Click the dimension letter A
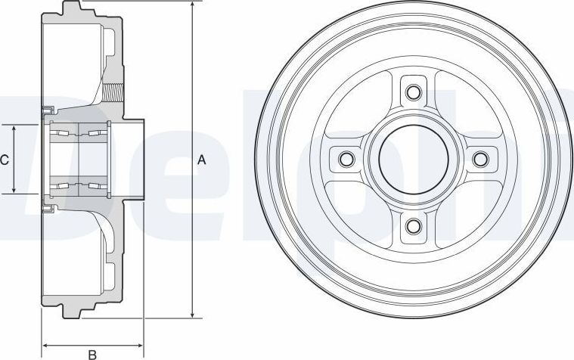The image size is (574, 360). pyautogui.click(x=201, y=160)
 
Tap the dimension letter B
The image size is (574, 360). pyautogui.click(x=92, y=353)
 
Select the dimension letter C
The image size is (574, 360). pyautogui.click(x=5, y=160)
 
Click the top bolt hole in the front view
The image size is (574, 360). pyautogui.click(x=413, y=93)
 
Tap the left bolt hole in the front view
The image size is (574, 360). pyautogui.click(x=346, y=160)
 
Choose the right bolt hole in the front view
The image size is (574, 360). pyautogui.click(x=479, y=159)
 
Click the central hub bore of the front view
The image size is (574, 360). pyautogui.click(x=413, y=160)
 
